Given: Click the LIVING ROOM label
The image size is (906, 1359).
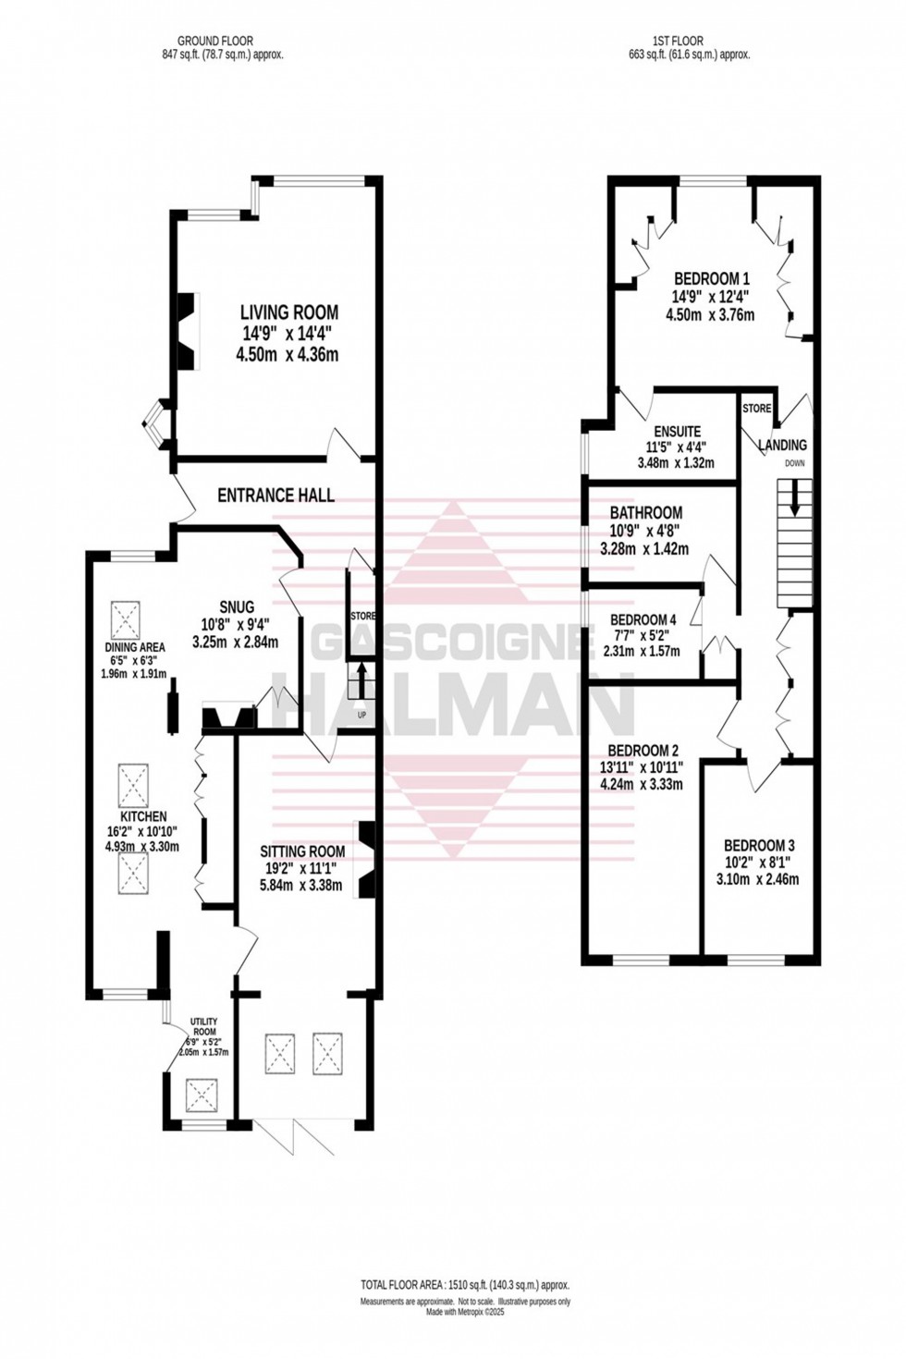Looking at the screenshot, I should [289, 312].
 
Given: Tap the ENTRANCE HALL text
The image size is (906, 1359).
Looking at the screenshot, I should [275, 496].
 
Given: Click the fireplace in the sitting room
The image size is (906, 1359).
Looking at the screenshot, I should [366, 860].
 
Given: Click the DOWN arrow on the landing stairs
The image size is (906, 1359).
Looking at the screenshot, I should [792, 504].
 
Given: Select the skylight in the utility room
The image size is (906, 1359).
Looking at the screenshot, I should [201, 1096].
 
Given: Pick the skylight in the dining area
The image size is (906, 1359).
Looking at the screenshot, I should [127, 616].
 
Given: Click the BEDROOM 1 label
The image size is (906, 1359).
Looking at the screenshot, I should [711, 278].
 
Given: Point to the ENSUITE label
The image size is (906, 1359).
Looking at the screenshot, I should [677, 432].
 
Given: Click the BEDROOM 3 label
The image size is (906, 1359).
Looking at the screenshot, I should [758, 845].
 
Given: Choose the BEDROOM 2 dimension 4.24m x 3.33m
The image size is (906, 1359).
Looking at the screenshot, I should [645, 785].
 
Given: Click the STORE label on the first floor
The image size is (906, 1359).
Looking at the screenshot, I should [756, 408].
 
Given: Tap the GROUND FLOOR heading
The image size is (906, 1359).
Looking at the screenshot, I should [214, 41].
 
